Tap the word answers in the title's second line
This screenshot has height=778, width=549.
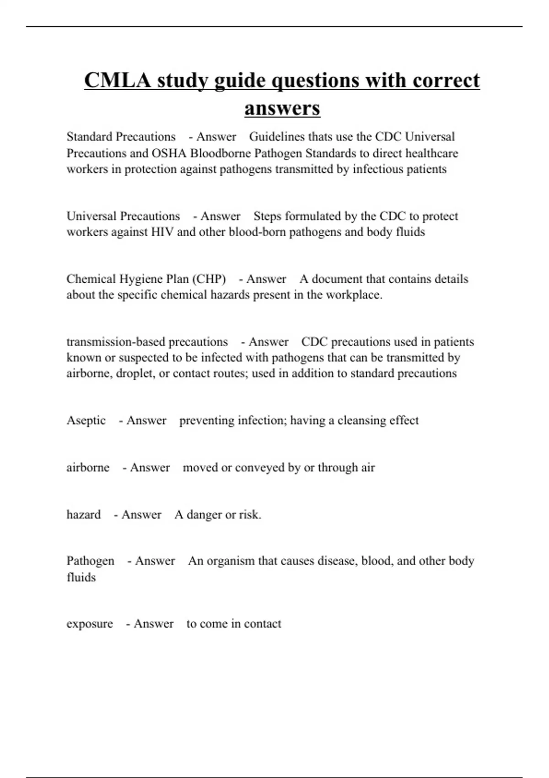282,108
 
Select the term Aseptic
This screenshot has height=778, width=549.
86,421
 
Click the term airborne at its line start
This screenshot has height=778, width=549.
88,468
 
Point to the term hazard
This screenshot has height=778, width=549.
83,515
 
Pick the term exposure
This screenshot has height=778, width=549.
90,624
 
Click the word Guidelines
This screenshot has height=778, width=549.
277,137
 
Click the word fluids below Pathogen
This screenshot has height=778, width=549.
81,578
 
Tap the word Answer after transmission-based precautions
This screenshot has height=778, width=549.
269,342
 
